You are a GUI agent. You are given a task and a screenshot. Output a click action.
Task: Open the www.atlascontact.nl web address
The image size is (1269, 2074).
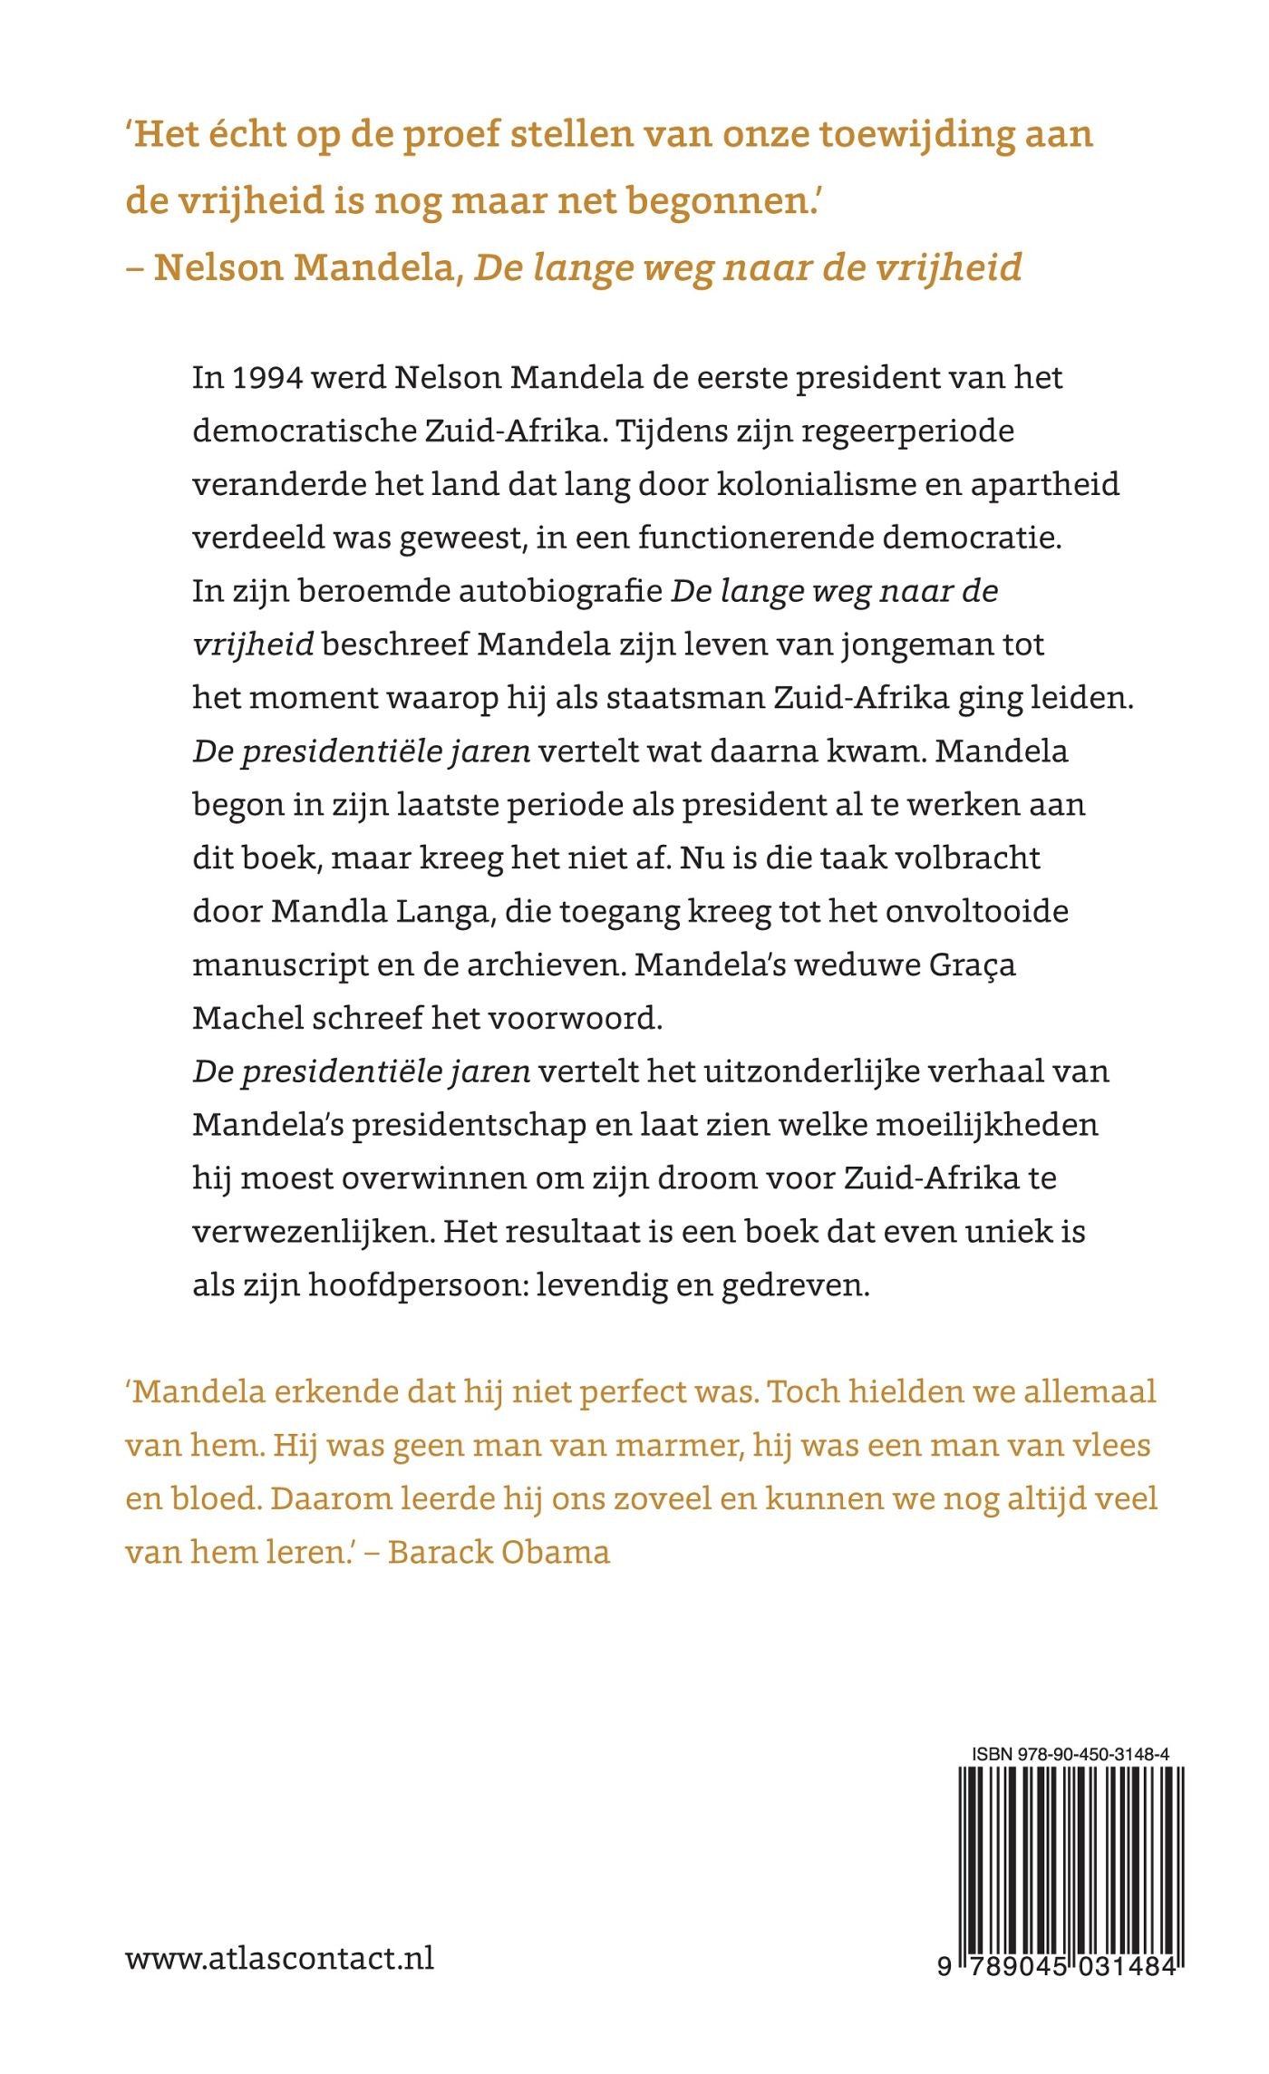279,1958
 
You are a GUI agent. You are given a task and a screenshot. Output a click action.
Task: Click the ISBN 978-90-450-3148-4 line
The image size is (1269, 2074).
1070,1754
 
